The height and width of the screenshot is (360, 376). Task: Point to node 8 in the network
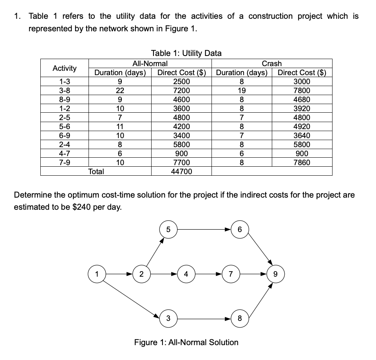[239, 318]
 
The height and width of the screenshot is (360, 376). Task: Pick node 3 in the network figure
[168, 318]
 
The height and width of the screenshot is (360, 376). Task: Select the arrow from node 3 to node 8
[203, 318]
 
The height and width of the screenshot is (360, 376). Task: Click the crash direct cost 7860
[302, 162]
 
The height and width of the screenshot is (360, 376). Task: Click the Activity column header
[65, 68]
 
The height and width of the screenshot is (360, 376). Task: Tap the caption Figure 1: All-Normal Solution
[186, 342]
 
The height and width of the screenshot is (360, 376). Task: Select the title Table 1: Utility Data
[186, 53]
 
